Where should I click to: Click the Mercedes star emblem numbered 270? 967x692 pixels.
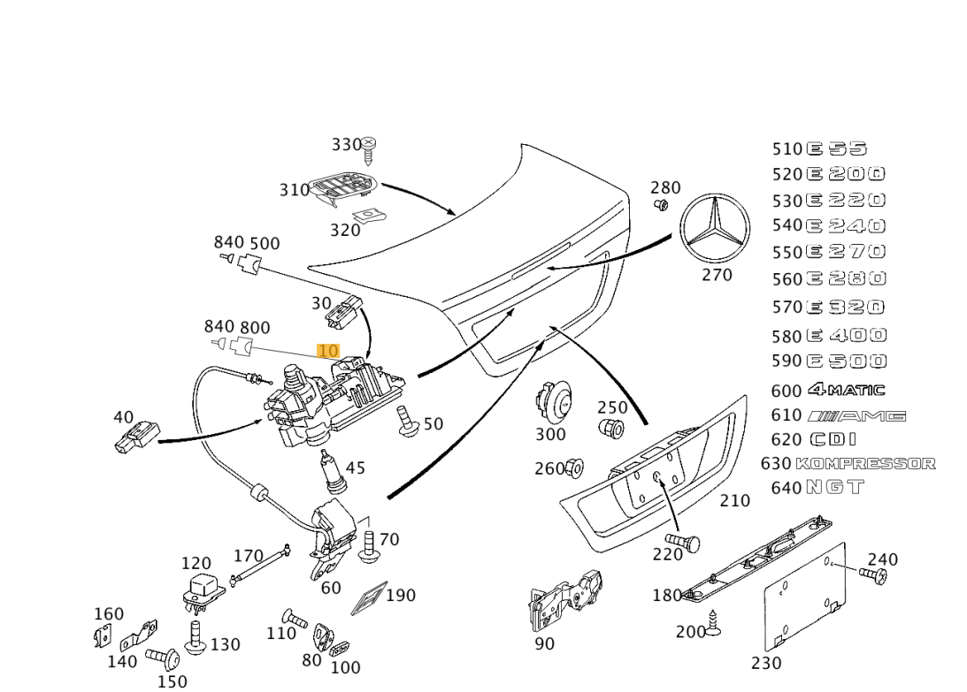(715, 228)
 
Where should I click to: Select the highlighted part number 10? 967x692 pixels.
(327, 351)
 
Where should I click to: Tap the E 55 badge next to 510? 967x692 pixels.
(836, 148)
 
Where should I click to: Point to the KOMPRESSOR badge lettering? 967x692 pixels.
(865, 463)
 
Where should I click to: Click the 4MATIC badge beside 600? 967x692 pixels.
(846, 390)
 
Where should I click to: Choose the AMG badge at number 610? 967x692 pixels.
(857, 415)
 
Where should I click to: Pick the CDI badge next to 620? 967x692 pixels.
(833, 439)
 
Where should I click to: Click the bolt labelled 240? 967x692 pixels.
(873, 575)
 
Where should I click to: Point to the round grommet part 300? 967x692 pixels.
(553, 403)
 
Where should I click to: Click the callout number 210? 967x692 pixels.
(734, 500)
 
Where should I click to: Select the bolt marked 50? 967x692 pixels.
(407, 421)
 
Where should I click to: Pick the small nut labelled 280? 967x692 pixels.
(660, 205)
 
